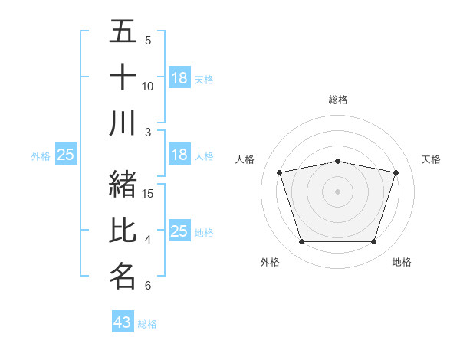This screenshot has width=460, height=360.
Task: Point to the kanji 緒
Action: point(123,185)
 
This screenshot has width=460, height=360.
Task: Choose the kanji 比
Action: point(123,231)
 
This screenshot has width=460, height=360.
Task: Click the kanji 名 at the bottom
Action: point(123,276)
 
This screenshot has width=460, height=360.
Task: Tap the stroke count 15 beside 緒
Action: point(149,193)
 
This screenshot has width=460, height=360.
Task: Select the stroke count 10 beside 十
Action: point(148,86)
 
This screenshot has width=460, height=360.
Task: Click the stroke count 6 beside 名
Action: point(148,286)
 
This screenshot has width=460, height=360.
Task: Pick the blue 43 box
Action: point(123,322)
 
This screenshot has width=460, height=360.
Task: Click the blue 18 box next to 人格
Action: point(179,155)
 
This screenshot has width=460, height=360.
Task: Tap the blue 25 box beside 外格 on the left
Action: point(65,155)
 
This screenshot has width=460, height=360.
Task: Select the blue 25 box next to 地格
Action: point(179,231)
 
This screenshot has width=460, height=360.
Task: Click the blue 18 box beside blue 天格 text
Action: point(179,78)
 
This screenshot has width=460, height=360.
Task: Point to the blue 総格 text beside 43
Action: point(148,324)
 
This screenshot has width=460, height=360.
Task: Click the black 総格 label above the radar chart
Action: point(338,100)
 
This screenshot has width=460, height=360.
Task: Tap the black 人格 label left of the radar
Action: point(245,159)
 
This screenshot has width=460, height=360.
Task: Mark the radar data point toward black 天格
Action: point(396,172)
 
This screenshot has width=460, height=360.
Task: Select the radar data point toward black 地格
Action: point(374,242)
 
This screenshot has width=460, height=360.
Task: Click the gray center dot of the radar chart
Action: point(338,191)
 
